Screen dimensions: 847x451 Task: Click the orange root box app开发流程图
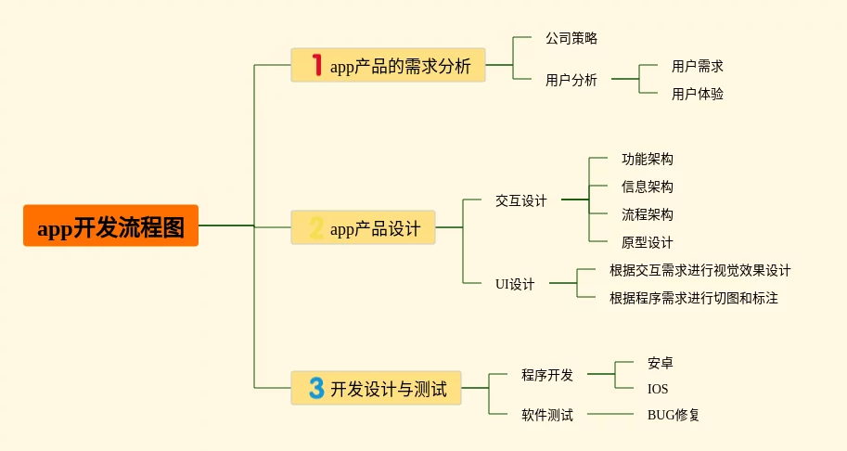point(110,225)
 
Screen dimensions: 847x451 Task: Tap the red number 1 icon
point(317,65)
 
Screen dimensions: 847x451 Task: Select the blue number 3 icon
point(316,388)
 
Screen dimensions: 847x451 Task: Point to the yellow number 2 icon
point(316,227)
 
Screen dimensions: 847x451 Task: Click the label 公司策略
point(571,38)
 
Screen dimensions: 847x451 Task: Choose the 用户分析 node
point(571,80)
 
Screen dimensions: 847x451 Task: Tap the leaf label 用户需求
point(698,67)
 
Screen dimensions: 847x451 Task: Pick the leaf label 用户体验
point(698,94)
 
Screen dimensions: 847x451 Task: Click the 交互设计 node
point(521,201)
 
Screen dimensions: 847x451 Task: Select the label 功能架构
point(648,160)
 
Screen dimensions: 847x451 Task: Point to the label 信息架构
point(648,187)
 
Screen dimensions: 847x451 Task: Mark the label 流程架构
point(648,214)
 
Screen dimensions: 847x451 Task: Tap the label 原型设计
point(648,242)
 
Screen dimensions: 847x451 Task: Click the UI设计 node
point(515,284)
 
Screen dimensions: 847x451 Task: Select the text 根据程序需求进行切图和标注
point(694,298)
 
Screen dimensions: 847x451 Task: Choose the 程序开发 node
point(547,375)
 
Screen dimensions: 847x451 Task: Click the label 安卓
point(661,363)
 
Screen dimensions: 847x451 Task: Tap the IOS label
point(658,389)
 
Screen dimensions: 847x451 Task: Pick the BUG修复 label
point(674,415)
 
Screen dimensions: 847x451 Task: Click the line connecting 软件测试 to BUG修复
point(610,414)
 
